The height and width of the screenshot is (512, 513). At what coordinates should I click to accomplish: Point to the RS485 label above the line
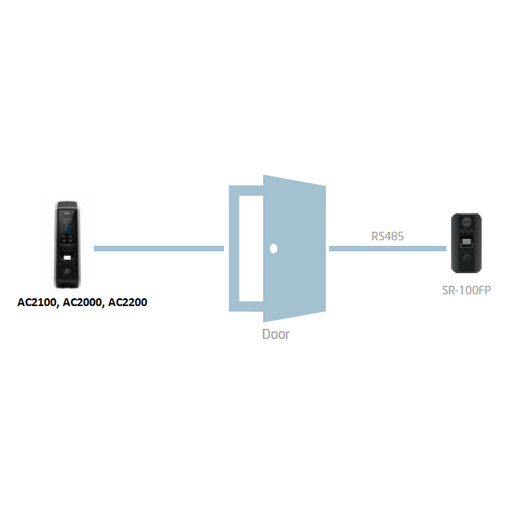[387, 235]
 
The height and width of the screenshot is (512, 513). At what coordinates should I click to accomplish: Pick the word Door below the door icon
[275, 334]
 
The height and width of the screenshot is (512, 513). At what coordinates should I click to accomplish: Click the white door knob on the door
[273, 249]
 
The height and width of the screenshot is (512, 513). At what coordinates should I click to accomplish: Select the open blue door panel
[294, 248]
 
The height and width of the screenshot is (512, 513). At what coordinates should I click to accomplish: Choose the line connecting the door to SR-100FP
[387, 248]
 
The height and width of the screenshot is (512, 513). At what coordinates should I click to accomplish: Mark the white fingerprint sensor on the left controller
[67, 258]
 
